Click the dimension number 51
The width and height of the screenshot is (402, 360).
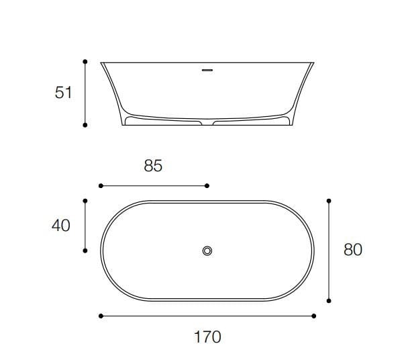point(63,93)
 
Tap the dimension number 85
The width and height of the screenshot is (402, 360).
point(153,166)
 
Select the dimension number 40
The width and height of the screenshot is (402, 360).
point(61,226)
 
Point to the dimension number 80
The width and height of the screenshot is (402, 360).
point(352,250)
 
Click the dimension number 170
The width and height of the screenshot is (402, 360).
point(207,336)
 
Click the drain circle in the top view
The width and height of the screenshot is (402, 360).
point(207,251)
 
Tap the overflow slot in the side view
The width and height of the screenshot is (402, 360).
point(207,68)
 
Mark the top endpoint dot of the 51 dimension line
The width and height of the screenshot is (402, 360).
point(85,61)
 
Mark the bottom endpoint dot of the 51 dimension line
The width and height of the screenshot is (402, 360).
point(85,124)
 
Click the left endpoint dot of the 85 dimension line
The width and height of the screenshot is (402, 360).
point(100,185)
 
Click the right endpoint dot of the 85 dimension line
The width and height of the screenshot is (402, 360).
point(207,185)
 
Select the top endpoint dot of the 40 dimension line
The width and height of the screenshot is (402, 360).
point(85,200)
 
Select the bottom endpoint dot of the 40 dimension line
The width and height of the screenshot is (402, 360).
point(85,251)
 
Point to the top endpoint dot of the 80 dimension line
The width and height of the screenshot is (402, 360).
point(329,200)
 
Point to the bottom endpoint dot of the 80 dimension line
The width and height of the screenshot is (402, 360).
point(329,300)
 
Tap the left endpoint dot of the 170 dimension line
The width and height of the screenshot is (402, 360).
point(100,315)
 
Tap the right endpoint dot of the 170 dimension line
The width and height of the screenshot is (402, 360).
point(314,315)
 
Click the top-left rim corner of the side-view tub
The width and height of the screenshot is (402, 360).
point(102,62)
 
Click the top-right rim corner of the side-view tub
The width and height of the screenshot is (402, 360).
point(313,62)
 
